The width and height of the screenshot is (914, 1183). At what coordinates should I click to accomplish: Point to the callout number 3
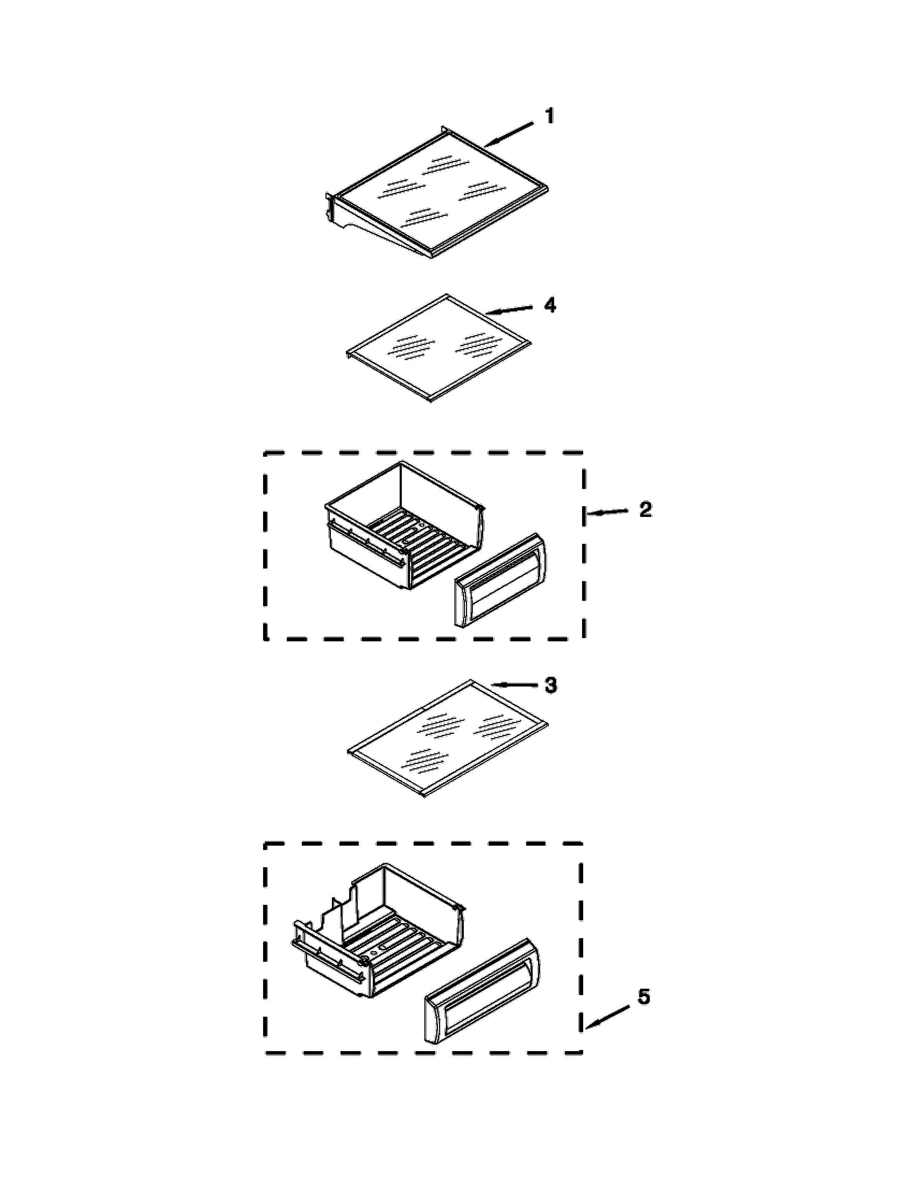click(550, 685)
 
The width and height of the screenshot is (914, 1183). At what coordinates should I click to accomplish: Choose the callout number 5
click(643, 997)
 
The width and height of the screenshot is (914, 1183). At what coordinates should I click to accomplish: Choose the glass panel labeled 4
click(439, 347)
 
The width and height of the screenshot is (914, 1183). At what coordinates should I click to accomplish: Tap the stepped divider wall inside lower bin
click(347, 916)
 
